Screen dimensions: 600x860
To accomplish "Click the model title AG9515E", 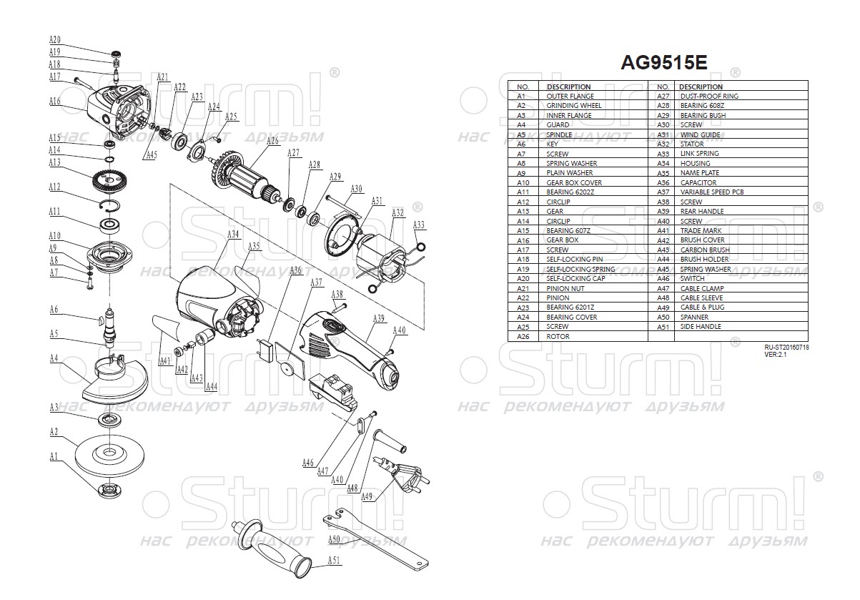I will tap(663, 63).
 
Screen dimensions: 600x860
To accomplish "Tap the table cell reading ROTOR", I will tap(558, 336).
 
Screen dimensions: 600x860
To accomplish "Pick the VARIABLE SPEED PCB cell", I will tap(712, 192).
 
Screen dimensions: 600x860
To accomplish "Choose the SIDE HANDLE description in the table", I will tap(700, 327).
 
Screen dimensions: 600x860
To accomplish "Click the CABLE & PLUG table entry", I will tap(703, 308).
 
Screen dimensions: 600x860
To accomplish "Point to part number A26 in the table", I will tap(521, 336).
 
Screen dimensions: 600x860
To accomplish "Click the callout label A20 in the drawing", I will tap(55, 40).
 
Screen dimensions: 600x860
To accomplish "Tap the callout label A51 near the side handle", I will tap(334, 561).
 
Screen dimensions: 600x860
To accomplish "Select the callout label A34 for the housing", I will tap(233, 235).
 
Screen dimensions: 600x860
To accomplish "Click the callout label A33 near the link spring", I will tap(419, 225).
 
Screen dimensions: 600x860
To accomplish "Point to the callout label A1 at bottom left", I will tap(53, 456).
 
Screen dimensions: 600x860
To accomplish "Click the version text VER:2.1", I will tap(776, 354).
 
